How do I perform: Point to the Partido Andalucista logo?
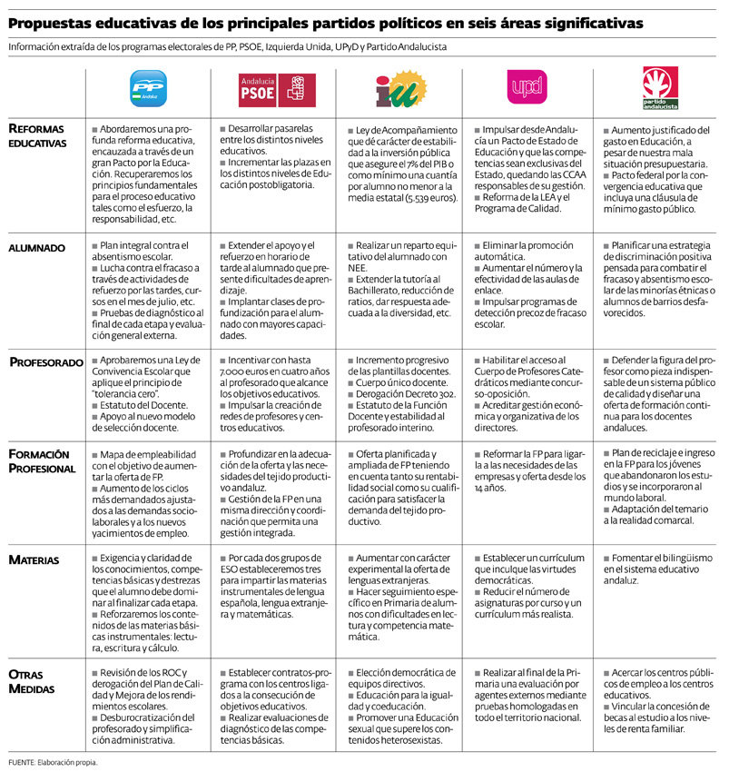660,84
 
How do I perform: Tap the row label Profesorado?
48,362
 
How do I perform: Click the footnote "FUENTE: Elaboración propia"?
53,761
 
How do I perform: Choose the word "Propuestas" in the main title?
55,22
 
